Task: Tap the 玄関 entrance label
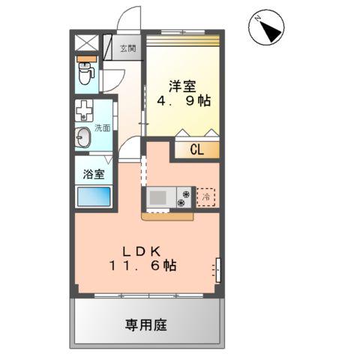click(127, 49)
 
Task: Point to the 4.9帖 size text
click(182, 103)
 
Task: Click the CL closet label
click(196, 149)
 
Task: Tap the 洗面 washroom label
click(103, 128)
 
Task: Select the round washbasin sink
click(82, 138)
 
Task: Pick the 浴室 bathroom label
click(93, 174)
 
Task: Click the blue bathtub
click(93, 198)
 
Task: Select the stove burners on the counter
click(184, 198)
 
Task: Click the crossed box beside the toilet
click(85, 43)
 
